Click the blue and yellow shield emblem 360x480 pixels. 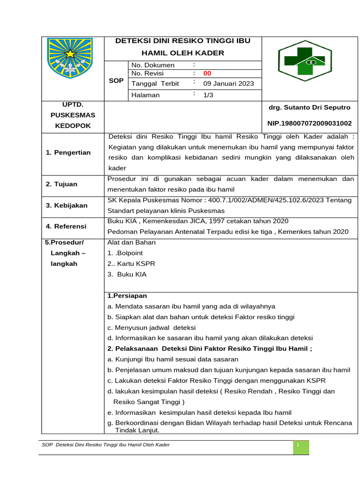click(x=70, y=59)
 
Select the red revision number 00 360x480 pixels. click(x=207, y=73)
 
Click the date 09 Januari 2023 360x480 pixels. click(x=228, y=83)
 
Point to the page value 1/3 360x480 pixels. click(x=208, y=95)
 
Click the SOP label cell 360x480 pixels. click(x=116, y=81)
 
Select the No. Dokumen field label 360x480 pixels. click(x=153, y=65)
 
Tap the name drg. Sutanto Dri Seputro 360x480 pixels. click(x=309, y=107)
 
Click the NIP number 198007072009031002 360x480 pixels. click(x=309, y=123)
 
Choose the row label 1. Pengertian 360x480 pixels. click(x=68, y=152)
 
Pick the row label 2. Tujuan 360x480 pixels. click(x=61, y=184)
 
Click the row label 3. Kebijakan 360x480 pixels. click(x=67, y=205)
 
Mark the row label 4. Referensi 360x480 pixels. click(x=66, y=226)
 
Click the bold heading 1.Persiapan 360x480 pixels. click(x=127, y=295)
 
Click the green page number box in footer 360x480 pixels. click(x=301, y=448)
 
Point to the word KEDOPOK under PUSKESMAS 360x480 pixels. click(x=73, y=126)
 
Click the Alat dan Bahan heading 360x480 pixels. click(x=131, y=242)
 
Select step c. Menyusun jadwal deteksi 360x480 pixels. click(x=151, y=327)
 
